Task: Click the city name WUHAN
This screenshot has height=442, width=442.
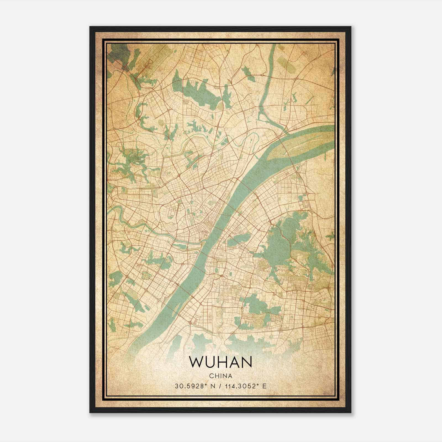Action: point(220,362)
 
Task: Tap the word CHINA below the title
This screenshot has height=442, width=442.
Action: point(220,376)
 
